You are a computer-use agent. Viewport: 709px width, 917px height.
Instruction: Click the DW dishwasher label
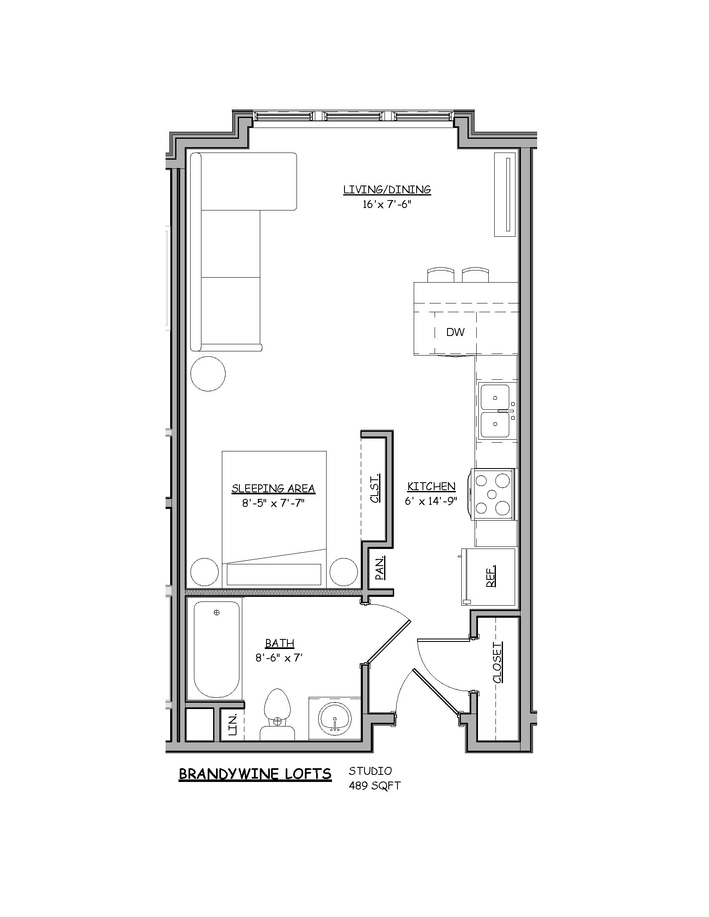(x=455, y=332)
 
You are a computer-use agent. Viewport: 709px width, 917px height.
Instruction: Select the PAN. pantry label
(x=379, y=568)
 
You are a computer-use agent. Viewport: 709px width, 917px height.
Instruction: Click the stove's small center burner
(x=493, y=494)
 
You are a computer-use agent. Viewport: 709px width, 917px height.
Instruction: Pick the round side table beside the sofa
(x=208, y=373)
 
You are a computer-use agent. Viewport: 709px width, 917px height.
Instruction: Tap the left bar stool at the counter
(x=440, y=275)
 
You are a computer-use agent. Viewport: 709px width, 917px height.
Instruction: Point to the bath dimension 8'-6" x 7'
(x=279, y=658)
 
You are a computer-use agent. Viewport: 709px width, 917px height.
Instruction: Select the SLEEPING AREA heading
(x=273, y=489)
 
